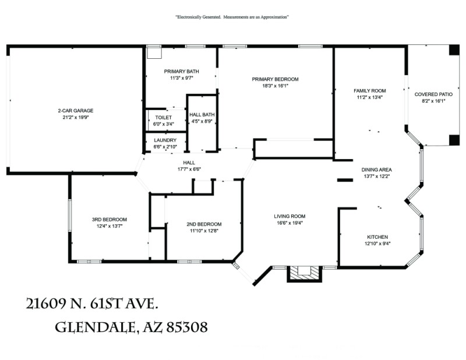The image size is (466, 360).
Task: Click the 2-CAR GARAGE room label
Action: pyautogui.click(x=75, y=111)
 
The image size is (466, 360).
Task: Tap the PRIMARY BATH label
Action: pyautogui.click(x=181, y=71)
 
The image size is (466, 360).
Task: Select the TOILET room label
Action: pyautogui.click(x=163, y=117)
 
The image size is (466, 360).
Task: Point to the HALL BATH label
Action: pyautogui.click(x=203, y=114)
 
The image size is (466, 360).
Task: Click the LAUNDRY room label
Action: pyautogui.click(x=165, y=140)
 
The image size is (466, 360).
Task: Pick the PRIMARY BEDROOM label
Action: pyautogui.click(x=275, y=79)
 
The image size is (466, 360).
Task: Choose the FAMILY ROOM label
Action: pyautogui.click(x=370, y=91)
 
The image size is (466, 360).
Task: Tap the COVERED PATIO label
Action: pyautogui.click(x=433, y=94)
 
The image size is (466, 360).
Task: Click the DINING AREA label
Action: pyautogui.click(x=376, y=170)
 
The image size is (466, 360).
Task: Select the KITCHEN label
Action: pyautogui.click(x=377, y=237)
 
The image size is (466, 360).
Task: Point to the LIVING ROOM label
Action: pyautogui.click(x=290, y=216)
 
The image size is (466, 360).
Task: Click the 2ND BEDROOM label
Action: pyautogui.click(x=204, y=224)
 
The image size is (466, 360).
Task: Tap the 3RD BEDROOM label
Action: pyautogui.click(x=109, y=220)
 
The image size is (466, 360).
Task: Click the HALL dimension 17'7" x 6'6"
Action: pyautogui.click(x=189, y=170)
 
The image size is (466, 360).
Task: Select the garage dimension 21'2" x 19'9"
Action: pyautogui.click(x=75, y=117)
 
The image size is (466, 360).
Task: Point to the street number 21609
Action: pyautogui.click(x=48, y=303)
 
